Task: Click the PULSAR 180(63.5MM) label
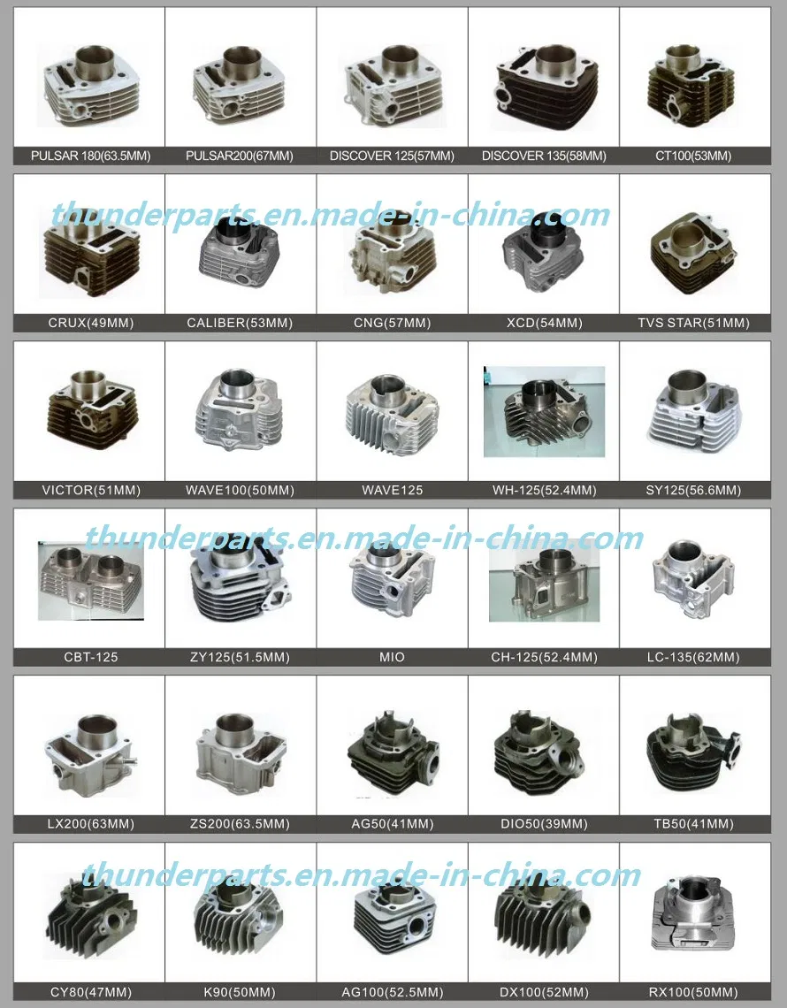pyautogui.click(x=90, y=157)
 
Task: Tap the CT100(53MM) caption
pyautogui.click(x=693, y=157)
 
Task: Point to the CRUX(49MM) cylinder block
pyautogui.click(x=90, y=252)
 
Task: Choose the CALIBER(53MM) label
pyautogui.click(x=241, y=324)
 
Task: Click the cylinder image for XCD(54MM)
pyautogui.click(x=543, y=252)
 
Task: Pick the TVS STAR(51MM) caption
pyautogui.click(x=693, y=324)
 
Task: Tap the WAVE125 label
pyautogui.click(x=392, y=490)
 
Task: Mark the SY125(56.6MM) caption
pyautogui.click(x=693, y=490)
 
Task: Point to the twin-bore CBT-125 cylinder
pyautogui.click(x=90, y=579)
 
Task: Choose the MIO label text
pyautogui.click(x=392, y=657)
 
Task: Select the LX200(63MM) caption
pyautogui.click(x=90, y=824)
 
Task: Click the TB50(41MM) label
pyautogui.click(x=693, y=824)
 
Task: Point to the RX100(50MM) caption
pyautogui.click(x=693, y=992)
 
